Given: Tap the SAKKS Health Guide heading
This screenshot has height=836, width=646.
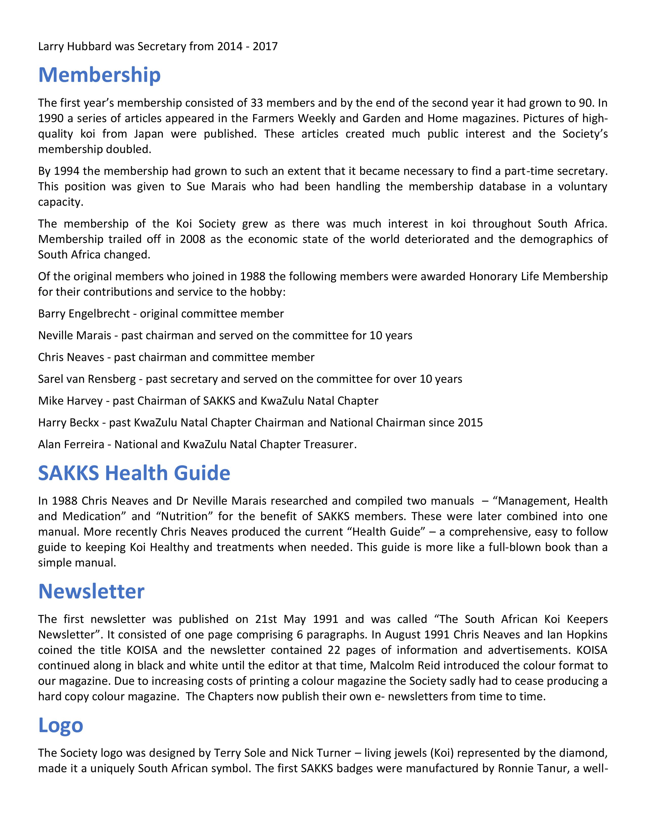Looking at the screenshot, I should pos(134,473).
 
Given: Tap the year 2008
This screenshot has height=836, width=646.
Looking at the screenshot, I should pos(193,239).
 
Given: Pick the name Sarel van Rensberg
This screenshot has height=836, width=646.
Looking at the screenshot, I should pos(87,379).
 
